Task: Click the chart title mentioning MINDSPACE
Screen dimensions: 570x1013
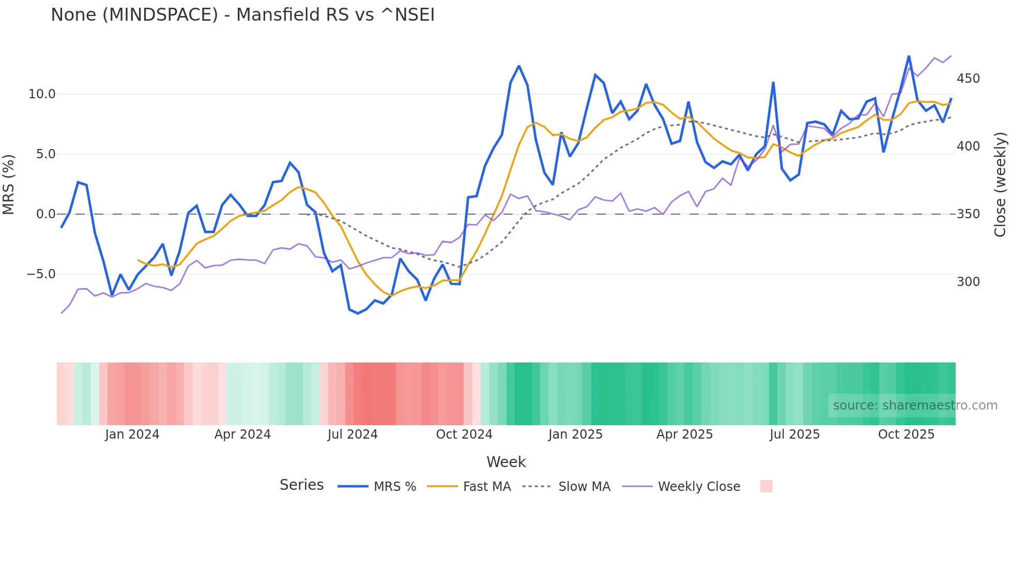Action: (242, 15)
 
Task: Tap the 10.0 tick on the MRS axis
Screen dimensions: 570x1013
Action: (41, 94)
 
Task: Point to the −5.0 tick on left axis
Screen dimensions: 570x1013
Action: (41, 274)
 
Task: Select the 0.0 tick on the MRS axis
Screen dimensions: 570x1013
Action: (45, 214)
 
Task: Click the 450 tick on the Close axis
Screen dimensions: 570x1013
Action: (968, 79)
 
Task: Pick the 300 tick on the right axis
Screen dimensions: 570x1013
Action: (968, 282)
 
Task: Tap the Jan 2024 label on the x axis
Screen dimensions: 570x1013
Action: (132, 434)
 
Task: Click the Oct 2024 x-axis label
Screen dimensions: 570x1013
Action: (464, 434)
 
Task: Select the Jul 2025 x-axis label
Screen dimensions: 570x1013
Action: (794, 434)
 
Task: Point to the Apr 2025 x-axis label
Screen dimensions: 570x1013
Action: (684, 434)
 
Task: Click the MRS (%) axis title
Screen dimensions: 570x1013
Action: (9, 185)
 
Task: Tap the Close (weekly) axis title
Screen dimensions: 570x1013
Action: (1000, 185)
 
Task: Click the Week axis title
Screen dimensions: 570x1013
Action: (506, 462)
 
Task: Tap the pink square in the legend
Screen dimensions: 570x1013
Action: (766, 486)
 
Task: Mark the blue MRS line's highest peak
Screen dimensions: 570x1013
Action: (909, 56)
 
